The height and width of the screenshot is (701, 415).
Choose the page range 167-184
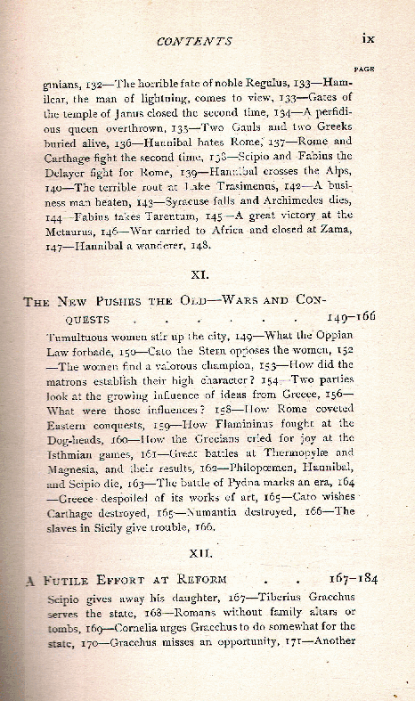352,579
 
